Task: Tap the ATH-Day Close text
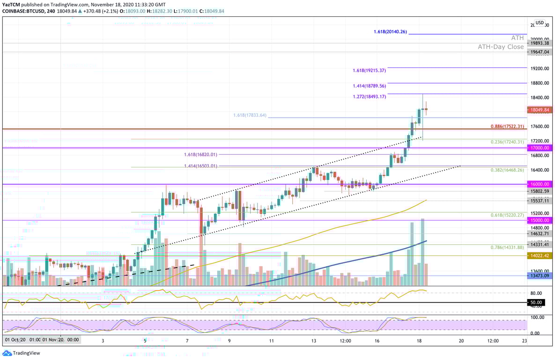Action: coord(501,47)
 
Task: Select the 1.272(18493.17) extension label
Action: coord(369,97)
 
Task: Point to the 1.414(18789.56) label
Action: coord(369,86)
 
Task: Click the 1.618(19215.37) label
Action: coord(369,70)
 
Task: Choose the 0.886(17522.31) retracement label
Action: coord(508,127)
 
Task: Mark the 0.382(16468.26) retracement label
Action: coord(508,170)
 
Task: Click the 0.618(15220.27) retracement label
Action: coord(508,215)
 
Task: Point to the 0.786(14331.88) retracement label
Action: coord(508,247)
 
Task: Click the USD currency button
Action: coord(540,22)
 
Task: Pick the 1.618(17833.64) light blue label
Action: coord(250,115)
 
